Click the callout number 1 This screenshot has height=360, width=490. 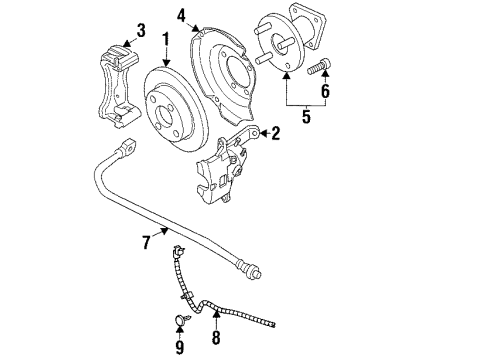(166, 41)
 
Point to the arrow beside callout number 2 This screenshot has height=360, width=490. (257, 132)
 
